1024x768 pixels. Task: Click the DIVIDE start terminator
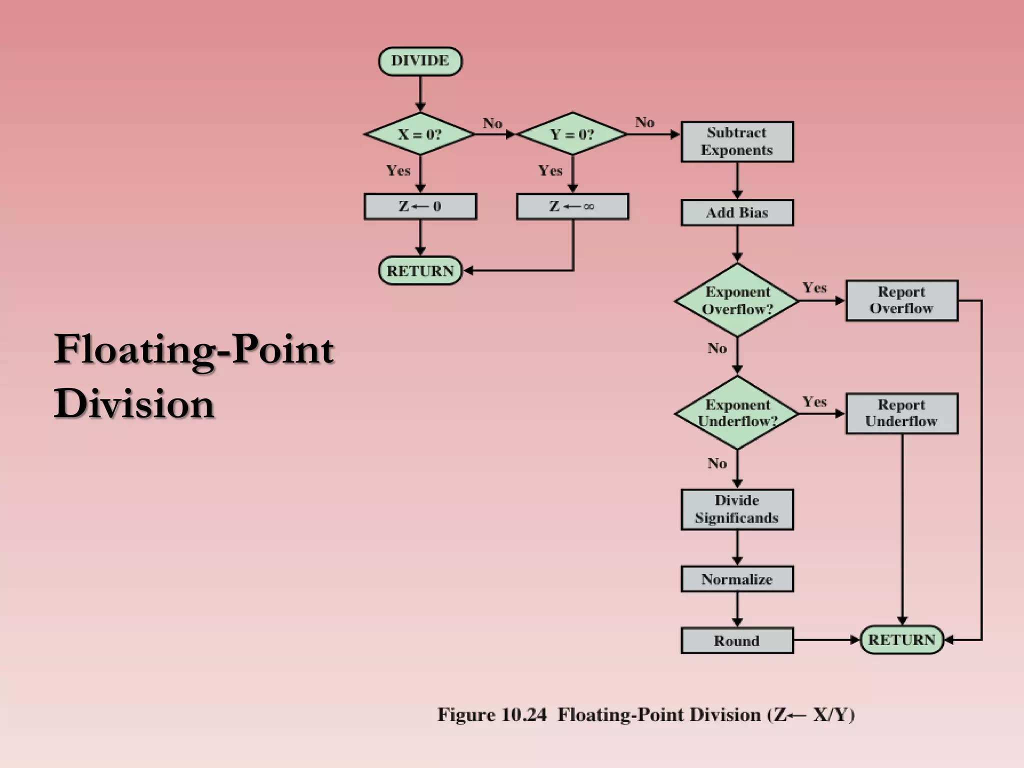pos(420,61)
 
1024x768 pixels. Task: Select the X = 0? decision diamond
pos(420,134)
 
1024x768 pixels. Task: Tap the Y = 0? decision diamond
pos(572,134)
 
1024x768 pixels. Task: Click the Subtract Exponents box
pos(736,141)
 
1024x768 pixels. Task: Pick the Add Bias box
pos(736,213)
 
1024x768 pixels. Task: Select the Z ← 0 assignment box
pos(420,206)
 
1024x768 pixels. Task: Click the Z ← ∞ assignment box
pos(572,206)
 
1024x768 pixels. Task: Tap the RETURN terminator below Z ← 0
pos(420,271)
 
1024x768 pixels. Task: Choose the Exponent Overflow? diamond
pos(737,300)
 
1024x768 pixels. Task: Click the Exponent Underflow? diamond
pos(737,413)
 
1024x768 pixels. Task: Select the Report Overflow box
pos(901,300)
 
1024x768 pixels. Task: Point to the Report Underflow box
pos(901,413)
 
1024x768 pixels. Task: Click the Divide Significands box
pos(736,509)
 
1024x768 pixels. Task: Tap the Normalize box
pos(736,579)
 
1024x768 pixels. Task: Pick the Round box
pos(736,640)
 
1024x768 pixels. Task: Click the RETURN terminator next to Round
pos(901,639)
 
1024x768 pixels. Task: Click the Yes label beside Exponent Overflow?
pos(814,287)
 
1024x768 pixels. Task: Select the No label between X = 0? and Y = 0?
pos(492,123)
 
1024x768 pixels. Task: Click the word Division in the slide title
pos(134,403)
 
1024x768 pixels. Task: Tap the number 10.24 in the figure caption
pos(523,714)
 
